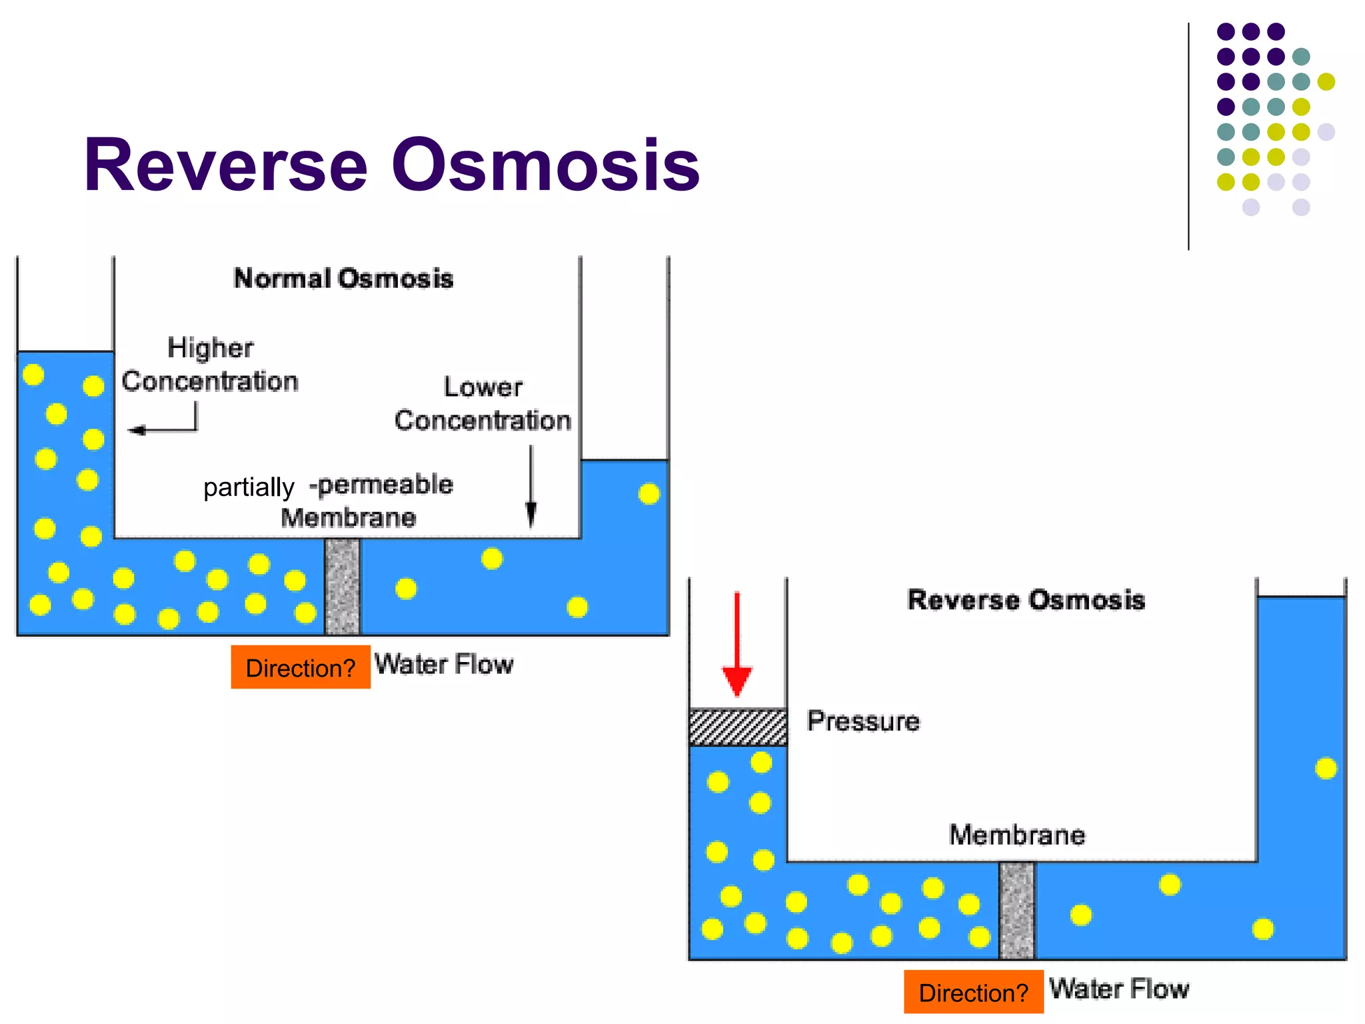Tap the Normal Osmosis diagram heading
343,279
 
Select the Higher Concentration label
210,365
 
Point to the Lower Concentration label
483,404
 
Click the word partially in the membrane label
249,487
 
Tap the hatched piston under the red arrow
738,727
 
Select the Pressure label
863,721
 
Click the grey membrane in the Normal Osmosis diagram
342,587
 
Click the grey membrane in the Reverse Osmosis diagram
1017,911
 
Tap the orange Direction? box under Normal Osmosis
301,667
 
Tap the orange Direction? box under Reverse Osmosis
973,992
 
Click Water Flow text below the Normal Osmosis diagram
444,665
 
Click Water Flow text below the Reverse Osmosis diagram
1119,989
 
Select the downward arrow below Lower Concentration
531,487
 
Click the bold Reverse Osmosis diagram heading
1026,600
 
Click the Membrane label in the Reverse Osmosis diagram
1017,835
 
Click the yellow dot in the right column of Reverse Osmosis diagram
1326,769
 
